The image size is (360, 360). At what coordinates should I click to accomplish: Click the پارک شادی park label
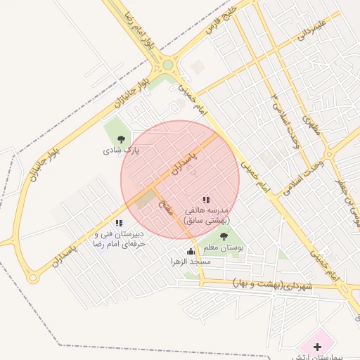point(122,150)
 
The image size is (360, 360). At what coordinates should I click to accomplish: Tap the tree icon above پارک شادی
point(122,139)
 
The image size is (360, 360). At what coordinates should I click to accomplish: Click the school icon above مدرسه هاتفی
point(206,200)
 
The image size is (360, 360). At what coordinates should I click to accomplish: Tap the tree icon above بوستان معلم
point(224,237)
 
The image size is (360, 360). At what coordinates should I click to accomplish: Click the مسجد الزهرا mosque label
point(191,262)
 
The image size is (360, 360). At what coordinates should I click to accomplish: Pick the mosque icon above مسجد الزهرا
point(191,252)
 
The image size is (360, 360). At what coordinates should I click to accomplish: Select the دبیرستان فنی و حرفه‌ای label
point(120,238)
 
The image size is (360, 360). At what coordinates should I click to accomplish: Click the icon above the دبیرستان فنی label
point(119,223)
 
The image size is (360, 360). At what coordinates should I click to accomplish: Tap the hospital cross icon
point(318,347)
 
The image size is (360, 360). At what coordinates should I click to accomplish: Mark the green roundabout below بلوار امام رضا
point(168,66)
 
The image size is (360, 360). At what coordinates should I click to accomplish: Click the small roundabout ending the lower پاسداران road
point(32,278)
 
